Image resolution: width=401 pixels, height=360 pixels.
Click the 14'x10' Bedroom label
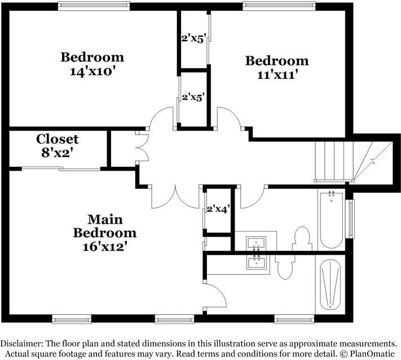pos(92,63)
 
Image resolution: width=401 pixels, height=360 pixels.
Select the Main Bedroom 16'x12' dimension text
pos(104,232)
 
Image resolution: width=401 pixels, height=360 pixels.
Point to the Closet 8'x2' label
pos(57,145)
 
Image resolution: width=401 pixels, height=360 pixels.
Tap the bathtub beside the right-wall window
pos(332,221)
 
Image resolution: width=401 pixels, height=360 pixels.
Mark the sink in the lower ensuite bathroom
pos(257,261)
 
